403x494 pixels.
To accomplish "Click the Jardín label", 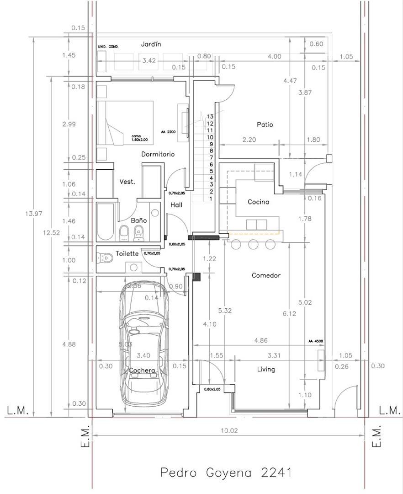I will (x=151, y=44).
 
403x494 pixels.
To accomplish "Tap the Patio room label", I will (x=265, y=124).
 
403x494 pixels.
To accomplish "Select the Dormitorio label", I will (x=158, y=154).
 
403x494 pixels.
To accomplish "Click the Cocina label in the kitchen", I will (x=258, y=202).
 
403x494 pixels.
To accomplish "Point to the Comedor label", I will (x=266, y=275).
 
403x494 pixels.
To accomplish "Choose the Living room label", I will (x=265, y=369).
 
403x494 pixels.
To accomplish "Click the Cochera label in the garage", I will (x=142, y=370).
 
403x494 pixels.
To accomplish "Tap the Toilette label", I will (x=127, y=253).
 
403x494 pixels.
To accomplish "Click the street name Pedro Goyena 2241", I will (x=226, y=472).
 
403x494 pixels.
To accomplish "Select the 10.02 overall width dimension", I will (x=229, y=430).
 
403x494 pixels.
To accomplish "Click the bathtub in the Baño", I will (x=105, y=221).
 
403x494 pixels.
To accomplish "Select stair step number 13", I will (x=210, y=117).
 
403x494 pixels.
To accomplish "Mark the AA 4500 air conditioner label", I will (x=315, y=341).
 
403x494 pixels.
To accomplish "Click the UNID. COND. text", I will (x=108, y=47).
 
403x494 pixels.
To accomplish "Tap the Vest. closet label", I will (x=127, y=182).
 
